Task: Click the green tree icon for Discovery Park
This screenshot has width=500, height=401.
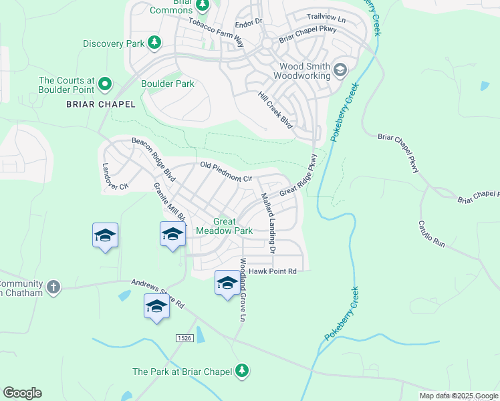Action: [x=154, y=43]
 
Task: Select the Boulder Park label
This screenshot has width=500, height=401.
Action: [x=167, y=84]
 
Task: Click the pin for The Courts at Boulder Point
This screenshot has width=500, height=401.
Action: [x=105, y=84]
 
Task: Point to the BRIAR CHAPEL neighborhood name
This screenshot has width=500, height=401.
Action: [x=100, y=104]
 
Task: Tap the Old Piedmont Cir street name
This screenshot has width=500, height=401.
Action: [x=226, y=172]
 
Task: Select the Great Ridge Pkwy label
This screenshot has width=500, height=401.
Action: [x=298, y=175]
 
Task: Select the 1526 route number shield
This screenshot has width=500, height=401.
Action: [x=185, y=339]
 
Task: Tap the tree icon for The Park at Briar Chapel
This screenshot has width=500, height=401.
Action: [x=242, y=371]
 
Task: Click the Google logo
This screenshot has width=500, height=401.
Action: [x=22, y=392]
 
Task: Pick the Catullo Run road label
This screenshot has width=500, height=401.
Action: [x=431, y=234]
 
